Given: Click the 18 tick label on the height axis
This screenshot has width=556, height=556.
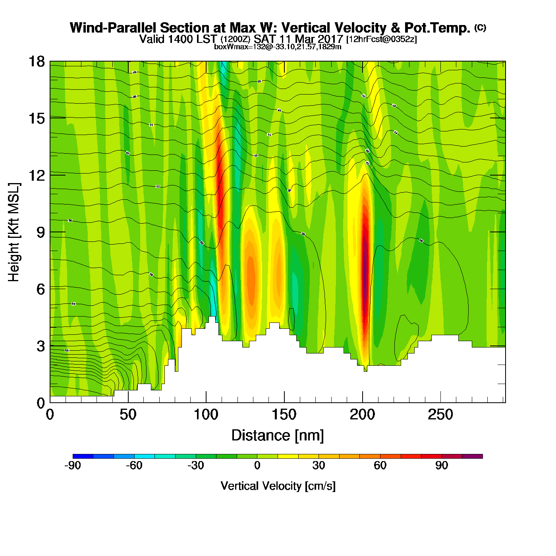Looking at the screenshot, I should pos(36,62).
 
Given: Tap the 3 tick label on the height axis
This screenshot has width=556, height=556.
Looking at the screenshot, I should pos(41,346).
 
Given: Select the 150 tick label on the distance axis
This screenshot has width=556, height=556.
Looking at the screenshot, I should pos(284,415).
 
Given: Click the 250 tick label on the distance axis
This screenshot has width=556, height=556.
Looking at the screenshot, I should pos(440,415).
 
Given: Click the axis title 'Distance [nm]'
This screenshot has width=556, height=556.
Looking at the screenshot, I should pos(278,436).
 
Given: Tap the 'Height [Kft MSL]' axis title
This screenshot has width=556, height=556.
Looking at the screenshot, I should pos(14,232).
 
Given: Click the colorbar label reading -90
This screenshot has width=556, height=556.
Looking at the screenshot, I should pos(73,465).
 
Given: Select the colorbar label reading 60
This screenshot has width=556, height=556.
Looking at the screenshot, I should pos(380,465).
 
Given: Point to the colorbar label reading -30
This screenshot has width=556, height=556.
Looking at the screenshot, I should pos(195,465).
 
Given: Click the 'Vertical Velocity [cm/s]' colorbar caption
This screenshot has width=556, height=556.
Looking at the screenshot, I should pos(278,486).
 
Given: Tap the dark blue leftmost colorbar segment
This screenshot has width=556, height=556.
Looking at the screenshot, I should pos(83,456).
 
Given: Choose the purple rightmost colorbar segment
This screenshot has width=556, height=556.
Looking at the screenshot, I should pos(473,456).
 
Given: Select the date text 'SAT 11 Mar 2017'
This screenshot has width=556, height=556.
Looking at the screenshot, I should pos(298,39).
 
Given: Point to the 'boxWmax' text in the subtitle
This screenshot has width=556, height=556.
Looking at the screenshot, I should pos(226,47).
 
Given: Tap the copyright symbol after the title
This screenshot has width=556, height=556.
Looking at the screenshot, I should pos(480,27).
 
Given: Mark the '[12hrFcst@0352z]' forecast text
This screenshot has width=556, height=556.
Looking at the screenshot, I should pos(382,39).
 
